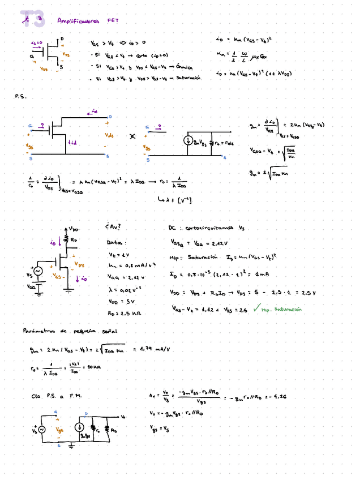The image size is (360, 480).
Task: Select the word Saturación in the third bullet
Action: [189, 78]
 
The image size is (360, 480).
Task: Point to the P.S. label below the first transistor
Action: [20, 97]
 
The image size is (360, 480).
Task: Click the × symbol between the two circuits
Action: [132, 136]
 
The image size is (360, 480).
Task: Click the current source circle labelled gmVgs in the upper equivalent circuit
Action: [187, 142]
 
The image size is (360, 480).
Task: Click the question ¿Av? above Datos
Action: [113, 227]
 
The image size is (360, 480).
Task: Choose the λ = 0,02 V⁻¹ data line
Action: [125, 289]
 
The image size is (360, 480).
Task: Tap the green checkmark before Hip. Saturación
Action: [256, 308]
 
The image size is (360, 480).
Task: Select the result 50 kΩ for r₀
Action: [93, 367]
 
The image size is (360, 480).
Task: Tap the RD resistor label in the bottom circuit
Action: [113, 430]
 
